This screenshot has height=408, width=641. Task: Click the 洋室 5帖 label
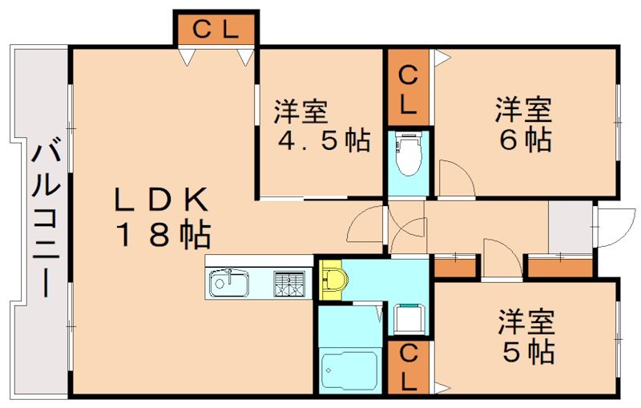pyautogui.click(x=526, y=337)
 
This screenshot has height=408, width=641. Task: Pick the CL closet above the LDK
pyautogui.click(x=216, y=30)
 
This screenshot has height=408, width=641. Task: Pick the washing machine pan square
pyautogui.click(x=409, y=318)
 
